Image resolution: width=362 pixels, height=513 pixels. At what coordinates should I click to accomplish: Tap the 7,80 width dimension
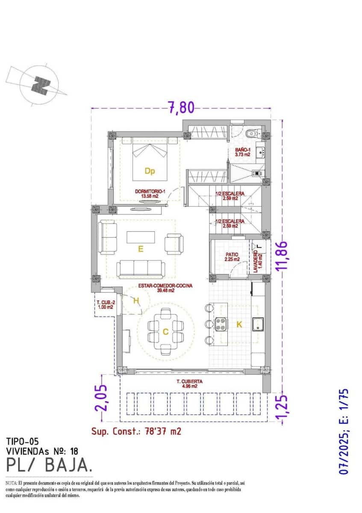180,107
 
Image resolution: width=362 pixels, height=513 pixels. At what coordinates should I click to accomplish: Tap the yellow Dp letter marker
149,171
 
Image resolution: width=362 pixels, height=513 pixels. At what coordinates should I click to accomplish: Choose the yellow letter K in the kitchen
239,325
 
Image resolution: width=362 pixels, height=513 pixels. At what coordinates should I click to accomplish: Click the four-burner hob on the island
221,324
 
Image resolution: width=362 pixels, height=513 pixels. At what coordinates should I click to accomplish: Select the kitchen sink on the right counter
258,324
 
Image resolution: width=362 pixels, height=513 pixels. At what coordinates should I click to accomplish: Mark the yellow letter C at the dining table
165,331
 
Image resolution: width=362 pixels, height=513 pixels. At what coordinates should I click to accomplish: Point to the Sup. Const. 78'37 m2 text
136,431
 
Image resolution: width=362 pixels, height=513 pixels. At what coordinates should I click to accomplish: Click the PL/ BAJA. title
49,464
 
